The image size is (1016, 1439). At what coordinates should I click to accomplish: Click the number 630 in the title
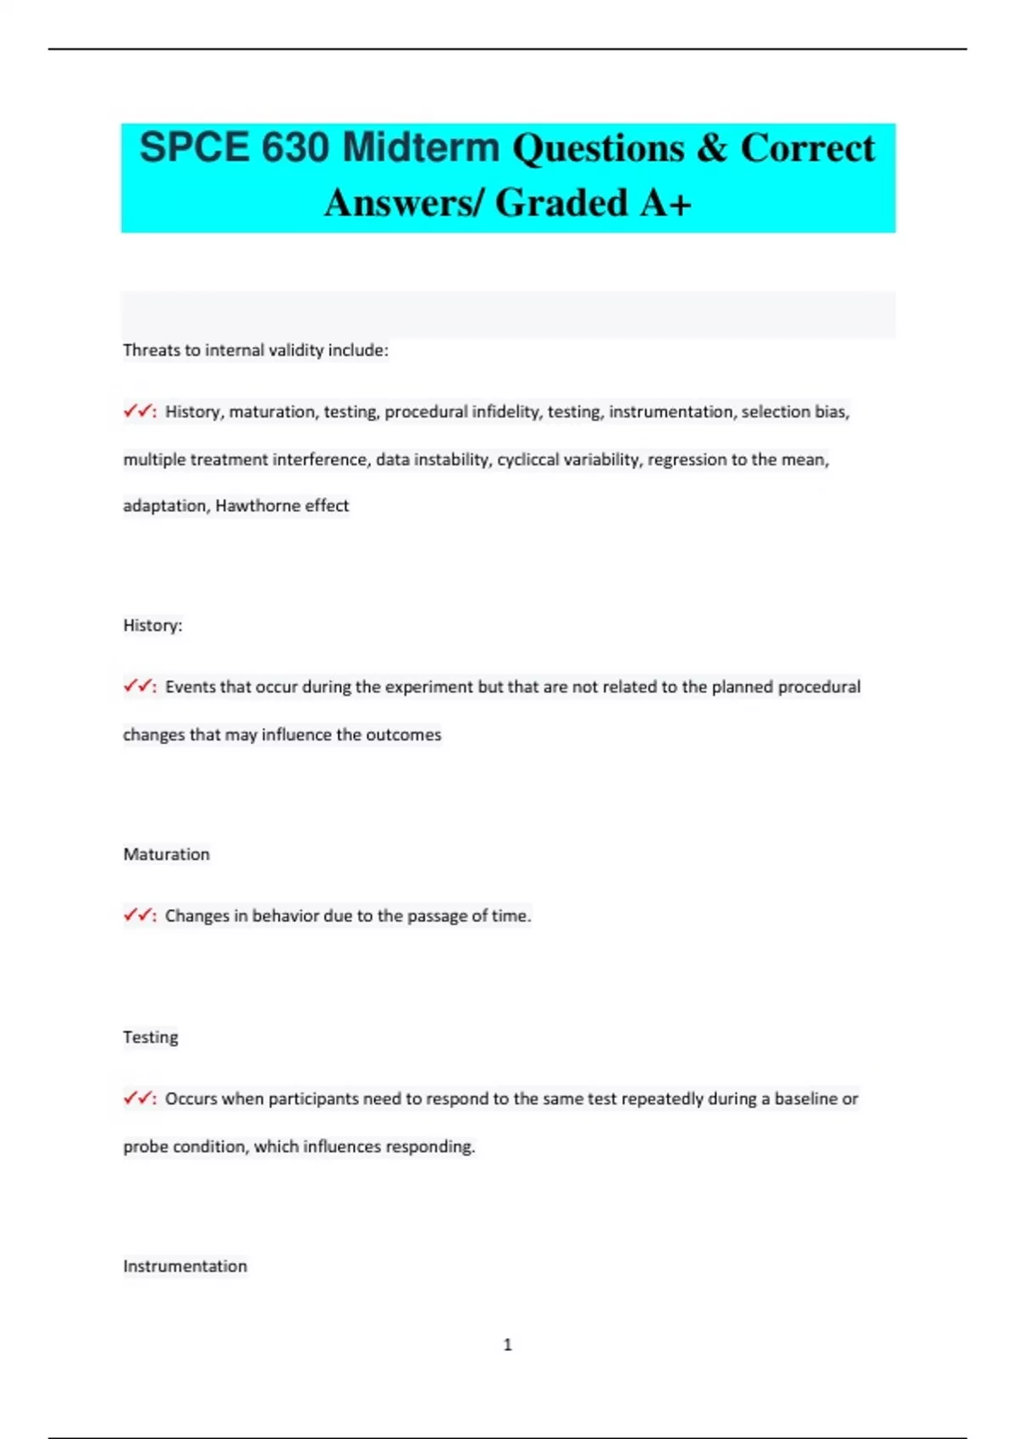(x=295, y=148)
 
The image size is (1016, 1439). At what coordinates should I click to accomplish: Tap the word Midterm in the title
(x=421, y=148)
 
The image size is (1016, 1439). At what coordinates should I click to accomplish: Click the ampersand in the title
(x=712, y=148)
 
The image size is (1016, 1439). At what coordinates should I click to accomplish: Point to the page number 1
(x=507, y=1345)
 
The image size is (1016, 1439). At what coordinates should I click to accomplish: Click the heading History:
(x=152, y=626)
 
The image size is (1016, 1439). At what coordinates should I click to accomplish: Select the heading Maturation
(x=166, y=854)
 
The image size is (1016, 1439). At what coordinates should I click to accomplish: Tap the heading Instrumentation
(x=185, y=1266)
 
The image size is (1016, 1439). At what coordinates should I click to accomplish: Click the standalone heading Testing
(x=150, y=1037)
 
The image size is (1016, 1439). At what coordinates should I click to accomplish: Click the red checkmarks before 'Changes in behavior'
(x=138, y=915)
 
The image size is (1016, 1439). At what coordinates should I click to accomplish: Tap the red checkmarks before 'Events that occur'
(x=138, y=686)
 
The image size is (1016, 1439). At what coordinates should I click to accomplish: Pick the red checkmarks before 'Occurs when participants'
(x=138, y=1099)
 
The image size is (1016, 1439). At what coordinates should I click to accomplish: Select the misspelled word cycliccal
(x=527, y=460)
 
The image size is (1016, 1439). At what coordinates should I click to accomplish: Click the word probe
(x=145, y=1147)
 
